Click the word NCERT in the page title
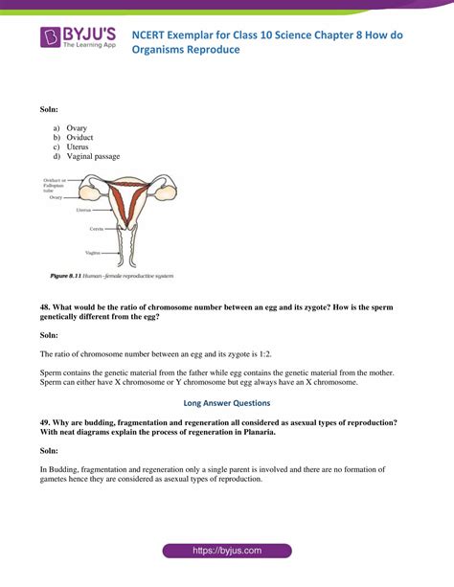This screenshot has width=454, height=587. (x=169, y=31)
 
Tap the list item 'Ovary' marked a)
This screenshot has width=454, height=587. (x=78, y=127)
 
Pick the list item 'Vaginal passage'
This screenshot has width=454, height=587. (x=93, y=156)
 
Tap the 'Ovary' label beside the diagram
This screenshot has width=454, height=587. (x=56, y=197)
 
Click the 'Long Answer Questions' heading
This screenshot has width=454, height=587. (x=226, y=402)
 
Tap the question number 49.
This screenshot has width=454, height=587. (x=45, y=422)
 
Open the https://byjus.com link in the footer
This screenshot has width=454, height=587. (x=226, y=552)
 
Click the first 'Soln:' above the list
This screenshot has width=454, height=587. (x=49, y=110)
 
